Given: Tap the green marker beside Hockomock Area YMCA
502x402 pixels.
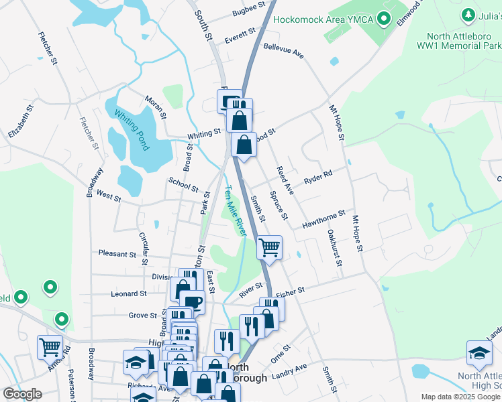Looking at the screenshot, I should [384, 19].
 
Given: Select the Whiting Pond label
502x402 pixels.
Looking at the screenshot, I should [131, 129].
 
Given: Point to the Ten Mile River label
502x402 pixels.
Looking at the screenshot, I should [234, 210].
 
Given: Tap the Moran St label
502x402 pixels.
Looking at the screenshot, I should [155, 105].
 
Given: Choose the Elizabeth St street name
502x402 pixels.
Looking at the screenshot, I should [19, 125].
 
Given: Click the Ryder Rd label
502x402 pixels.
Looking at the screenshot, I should [318, 178].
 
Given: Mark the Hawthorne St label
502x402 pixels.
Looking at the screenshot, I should [323, 219].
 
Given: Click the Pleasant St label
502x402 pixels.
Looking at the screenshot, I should [117, 254].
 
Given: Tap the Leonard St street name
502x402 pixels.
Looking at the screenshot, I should [128, 293].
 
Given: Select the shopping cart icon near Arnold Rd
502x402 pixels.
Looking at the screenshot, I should [50, 347].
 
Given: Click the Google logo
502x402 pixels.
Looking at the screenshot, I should [22, 394].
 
